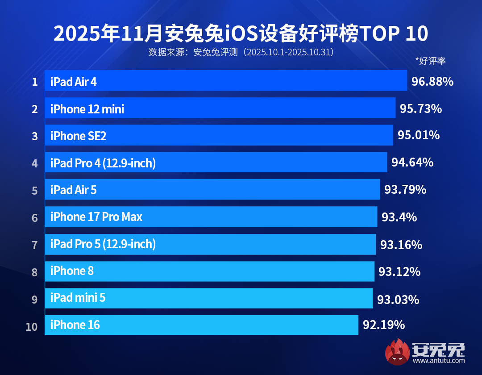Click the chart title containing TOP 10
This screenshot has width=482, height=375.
(241, 34)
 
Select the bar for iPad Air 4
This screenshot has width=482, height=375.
(225, 81)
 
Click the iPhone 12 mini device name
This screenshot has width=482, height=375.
(87, 109)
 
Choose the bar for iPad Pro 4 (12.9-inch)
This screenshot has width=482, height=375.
(216, 162)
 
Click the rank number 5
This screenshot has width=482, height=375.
(34, 191)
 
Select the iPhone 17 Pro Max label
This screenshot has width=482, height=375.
(96, 217)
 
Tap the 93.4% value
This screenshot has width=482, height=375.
(399, 217)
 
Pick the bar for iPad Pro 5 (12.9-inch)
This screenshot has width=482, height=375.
(210, 244)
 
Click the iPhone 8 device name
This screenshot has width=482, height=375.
(72, 271)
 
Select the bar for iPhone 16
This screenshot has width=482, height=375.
(201, 325)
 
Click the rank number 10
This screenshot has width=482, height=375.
(32, 327)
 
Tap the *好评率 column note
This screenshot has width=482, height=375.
(430, 61)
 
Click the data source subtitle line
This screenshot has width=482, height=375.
(241, 52)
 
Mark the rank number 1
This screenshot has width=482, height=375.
(34, 82)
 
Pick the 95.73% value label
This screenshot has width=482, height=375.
(421, 108)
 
